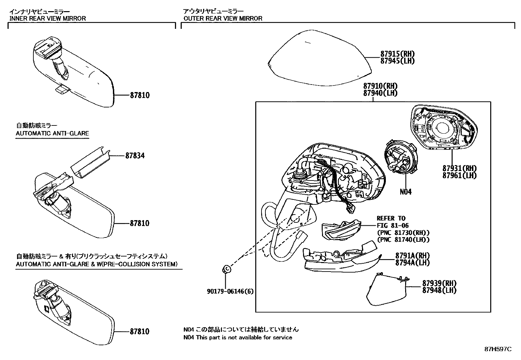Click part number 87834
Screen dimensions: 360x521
(135, 156)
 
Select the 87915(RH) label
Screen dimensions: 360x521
(397, 54)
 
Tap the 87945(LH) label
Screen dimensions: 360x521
(397, 61)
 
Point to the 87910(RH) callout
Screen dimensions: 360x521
(380, 86)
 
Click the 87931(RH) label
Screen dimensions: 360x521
(459, 168)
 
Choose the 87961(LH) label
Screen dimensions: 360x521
(459, 176)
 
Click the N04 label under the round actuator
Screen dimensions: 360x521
(405, 192)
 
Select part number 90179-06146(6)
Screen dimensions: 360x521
(230, 291)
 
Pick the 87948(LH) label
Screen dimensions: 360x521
(439, 290)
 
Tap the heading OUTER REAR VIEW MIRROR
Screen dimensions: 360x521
(223, 18)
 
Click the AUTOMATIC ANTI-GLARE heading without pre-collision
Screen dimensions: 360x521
(52, 133)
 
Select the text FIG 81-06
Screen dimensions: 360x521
(393, 225)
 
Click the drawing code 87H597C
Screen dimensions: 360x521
(498, 349)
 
